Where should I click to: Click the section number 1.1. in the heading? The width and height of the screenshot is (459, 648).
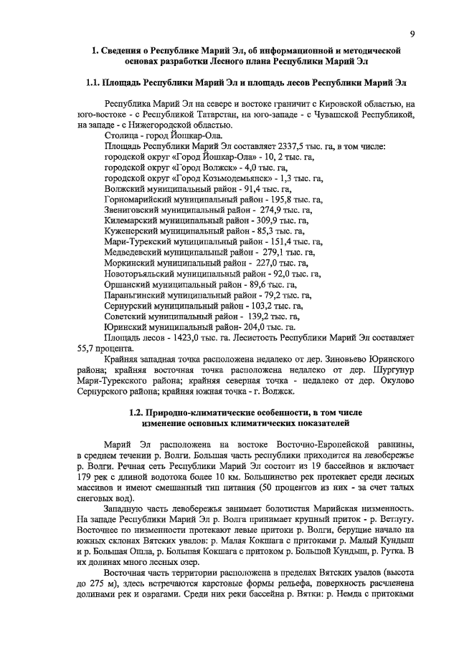pyautogui.click(x=93, y=83)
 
